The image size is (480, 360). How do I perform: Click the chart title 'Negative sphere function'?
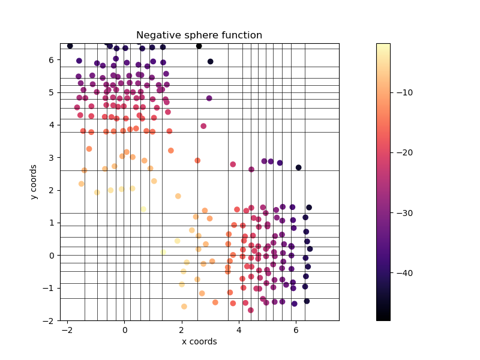click(199, 35)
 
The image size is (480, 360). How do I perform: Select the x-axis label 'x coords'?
click(199, 342)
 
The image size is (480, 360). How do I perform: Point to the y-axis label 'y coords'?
click(34, 182)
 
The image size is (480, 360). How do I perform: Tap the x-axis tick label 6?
click(296, 329)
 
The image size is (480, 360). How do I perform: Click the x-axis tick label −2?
click(67, 329)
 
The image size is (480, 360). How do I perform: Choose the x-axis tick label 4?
click(239, 329)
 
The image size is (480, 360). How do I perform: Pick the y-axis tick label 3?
click(52, 158)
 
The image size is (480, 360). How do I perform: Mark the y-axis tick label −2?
click(49, 320)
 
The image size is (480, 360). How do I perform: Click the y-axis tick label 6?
click(52, 60)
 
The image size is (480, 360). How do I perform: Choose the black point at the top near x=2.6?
click(199, 46)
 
